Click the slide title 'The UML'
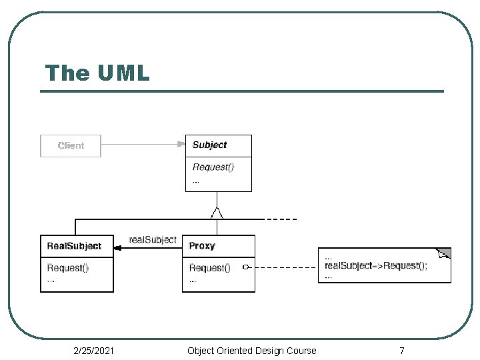(x=97, y=73)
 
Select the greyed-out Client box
(x=71, y=146)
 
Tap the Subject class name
(x=210, y=145)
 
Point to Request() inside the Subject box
(x=213, y=167)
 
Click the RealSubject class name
(x=74, y=246)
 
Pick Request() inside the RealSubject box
(x=67, y=268)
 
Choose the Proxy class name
(x=202, y=246)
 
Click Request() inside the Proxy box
(x=210, y=268)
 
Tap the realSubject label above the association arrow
(x=153, y=240)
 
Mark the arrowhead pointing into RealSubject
(x=117, y=248)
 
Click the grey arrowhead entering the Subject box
(x=181, y=144)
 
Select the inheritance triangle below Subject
(x=217, y=213)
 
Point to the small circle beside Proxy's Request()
(x=245, y=267)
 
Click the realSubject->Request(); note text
(x=375, y=265)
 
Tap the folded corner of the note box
(x=443, y=253)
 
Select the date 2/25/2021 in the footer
(x=94, y=351)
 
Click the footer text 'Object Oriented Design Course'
(x=251, y=351)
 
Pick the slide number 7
(x=402, y=351)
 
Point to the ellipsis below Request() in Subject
(x=195, y=183)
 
